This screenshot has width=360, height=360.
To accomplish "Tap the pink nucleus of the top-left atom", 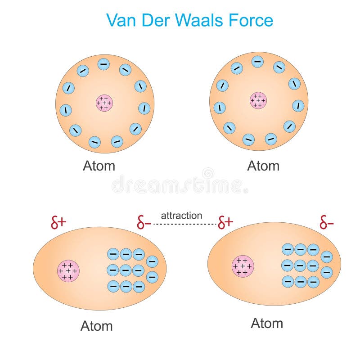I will pos(104,103).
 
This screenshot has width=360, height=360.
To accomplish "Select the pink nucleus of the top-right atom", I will pos(258,100).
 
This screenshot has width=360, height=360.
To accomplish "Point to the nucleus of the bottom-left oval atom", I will pos(68,271).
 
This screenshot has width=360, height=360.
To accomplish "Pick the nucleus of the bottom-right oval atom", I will pos(243,266).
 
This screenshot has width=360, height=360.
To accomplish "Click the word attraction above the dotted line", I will pos(182,216).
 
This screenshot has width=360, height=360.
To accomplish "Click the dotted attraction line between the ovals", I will pos(184,224).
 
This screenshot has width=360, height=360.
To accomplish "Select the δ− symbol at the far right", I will pos(326,222).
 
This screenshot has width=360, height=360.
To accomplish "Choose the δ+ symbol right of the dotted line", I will pos(225,222).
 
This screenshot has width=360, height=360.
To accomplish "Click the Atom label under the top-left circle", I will pos(99,166).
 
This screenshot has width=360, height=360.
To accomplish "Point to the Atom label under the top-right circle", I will pos(263,166).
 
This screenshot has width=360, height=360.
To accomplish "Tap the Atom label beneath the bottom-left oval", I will pos(96,326).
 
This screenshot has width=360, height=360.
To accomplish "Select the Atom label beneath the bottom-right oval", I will pos(267,323).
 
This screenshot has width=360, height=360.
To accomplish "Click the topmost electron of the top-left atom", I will pos(103,64).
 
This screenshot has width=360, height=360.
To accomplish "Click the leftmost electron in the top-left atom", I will pos(66,109).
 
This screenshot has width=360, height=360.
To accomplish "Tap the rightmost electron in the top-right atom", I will pos(298,106).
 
